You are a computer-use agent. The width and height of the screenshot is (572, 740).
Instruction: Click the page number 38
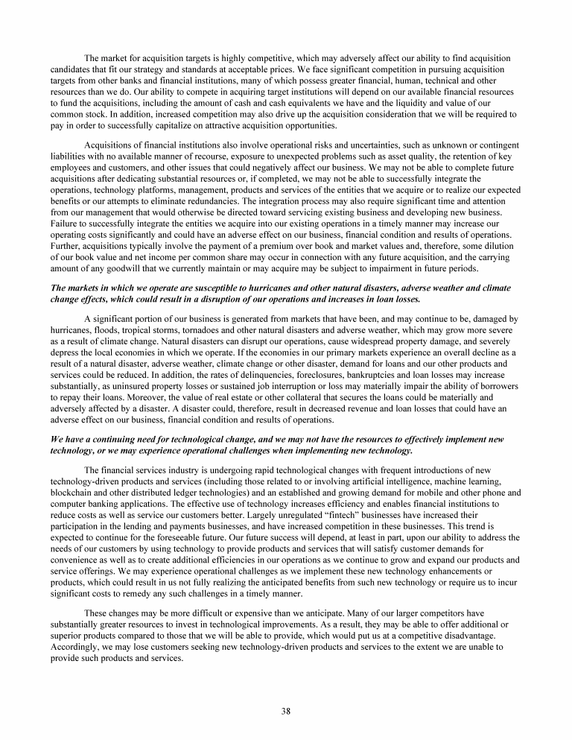click(x=286, y=710)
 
